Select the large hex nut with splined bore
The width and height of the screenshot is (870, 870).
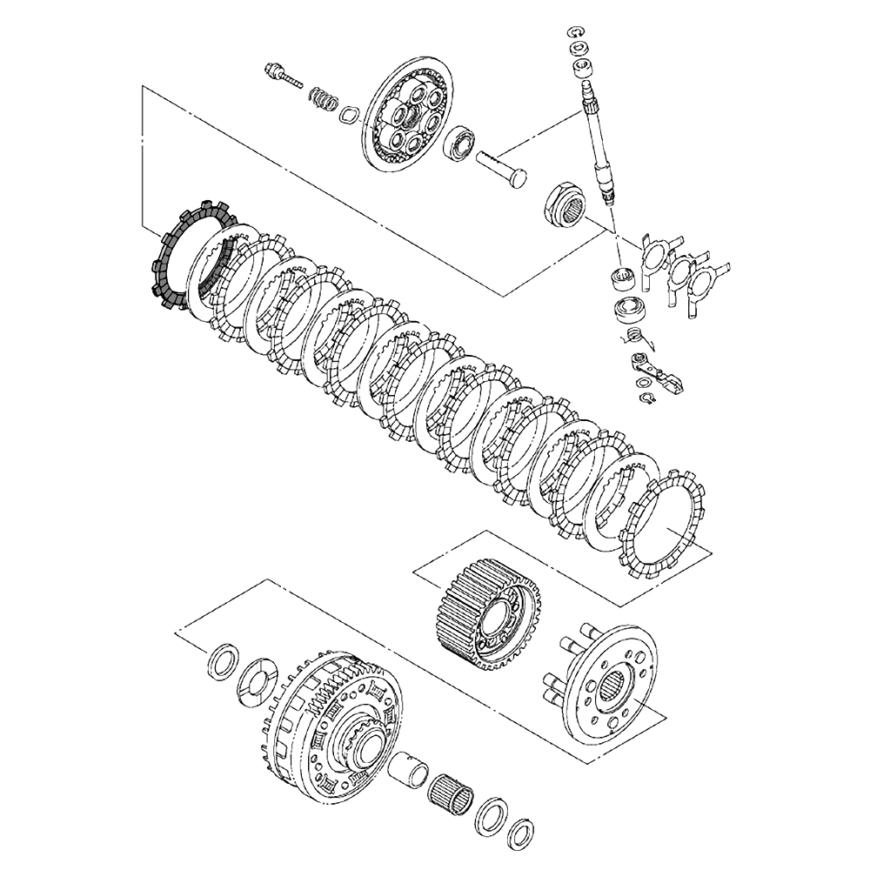pos(565,207)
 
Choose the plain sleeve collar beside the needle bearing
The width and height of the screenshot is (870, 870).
pos(410,770)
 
